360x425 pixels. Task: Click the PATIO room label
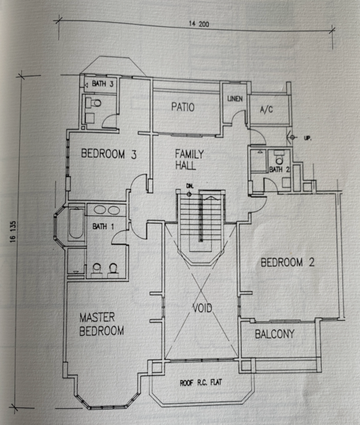[183, 107]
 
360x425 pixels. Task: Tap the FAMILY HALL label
[189, 159]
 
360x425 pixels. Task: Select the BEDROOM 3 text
[108, 154]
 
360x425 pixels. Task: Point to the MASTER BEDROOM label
[101, 324]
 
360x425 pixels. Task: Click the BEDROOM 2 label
[288, 262]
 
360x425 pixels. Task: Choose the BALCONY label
[275, 334]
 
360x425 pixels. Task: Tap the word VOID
[202, 308]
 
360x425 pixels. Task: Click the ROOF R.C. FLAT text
[201, 382]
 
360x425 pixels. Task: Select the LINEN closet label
[235, 98]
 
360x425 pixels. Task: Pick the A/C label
[266, 110]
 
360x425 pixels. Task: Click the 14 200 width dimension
[199, 24]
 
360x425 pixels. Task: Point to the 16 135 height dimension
[13, 232]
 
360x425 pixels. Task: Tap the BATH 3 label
[103, 84]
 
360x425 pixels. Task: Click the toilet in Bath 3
[94, 103]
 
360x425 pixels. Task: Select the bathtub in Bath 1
[76, 223]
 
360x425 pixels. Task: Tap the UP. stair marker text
[308, 138]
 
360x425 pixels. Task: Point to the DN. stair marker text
[190, 186]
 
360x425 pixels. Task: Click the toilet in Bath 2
[279, 157]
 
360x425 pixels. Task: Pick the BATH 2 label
[279, 170]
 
